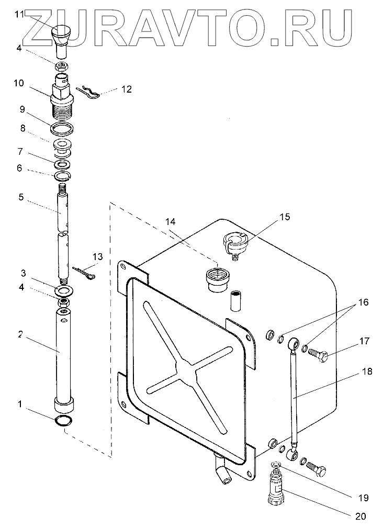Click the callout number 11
pyautogui.click(x=19, y=15)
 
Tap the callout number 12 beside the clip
pyautogui.click(x=126, y=89)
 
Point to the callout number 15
pyautogui.click(x=284, y=216)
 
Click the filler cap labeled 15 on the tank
pyautogui.click(x=235, y=243)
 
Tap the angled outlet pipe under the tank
pyautogui.click(x=222, y=468)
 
